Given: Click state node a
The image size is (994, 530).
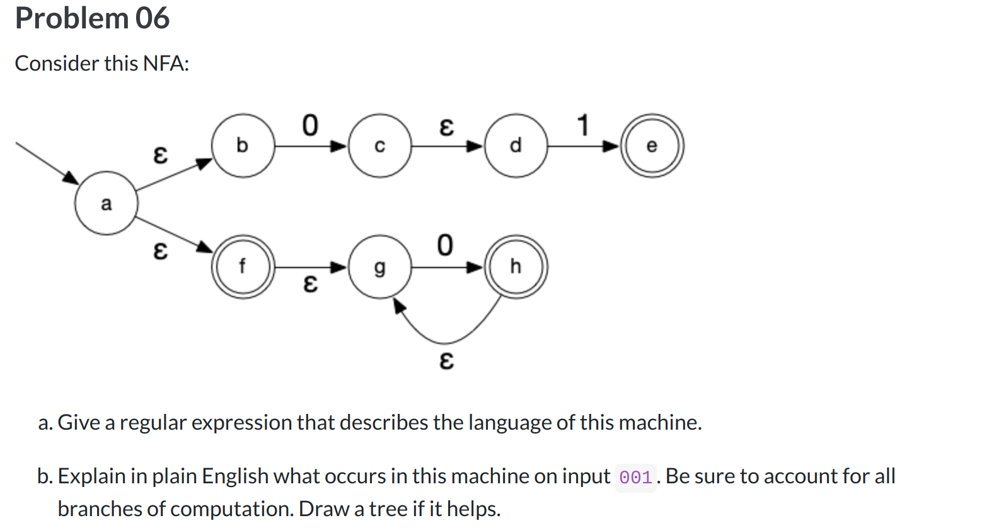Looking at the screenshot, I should pyautogui.click(x=106, y=203).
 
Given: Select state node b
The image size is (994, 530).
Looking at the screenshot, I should pyautogui.click(x=243, y=146).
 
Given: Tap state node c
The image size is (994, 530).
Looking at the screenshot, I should pyautogui.click(x=379, y=146).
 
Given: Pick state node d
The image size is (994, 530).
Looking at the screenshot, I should pyautogui.click(x=516, y=146).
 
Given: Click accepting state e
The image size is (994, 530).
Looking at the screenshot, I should pyautogui.click(x=652, y=146).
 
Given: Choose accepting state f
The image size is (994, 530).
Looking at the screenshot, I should pyautogui.click(x=243, y=267).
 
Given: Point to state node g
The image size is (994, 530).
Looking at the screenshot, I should pyautogui.click(x=379, y=267).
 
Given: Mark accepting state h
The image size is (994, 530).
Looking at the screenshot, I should pyautogui.click(x=516, y=267).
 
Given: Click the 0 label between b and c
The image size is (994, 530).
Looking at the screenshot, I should pyautogui.click(x=310, y=125).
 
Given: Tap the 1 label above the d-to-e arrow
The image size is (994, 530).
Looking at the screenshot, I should pyautogui.click(x=583, y=125).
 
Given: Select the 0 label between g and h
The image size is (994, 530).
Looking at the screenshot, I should pyautogui.click(x=445, y=245).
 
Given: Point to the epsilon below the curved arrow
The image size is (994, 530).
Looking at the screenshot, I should pyautogui.click(x=446, y=360).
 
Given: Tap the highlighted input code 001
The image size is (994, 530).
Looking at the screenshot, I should pyautogui.click(x=635, y=478).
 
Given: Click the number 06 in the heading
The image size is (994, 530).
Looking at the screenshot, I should pyautogui.click(x=152, y=18).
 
